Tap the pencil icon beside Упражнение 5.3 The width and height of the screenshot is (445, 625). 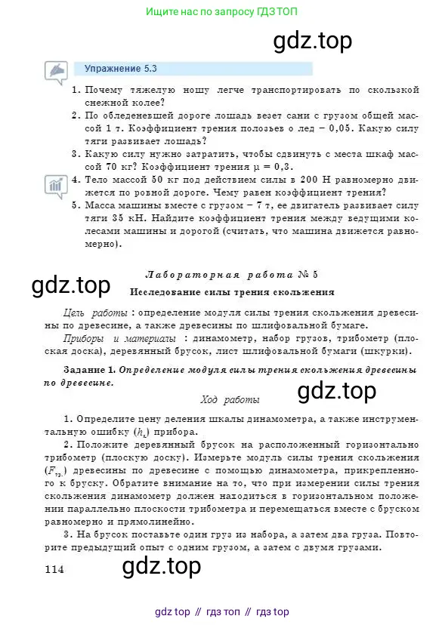(57, 71)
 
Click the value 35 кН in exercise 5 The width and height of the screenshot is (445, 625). (119, 217)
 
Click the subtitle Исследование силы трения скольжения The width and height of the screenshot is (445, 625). (233, 291)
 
